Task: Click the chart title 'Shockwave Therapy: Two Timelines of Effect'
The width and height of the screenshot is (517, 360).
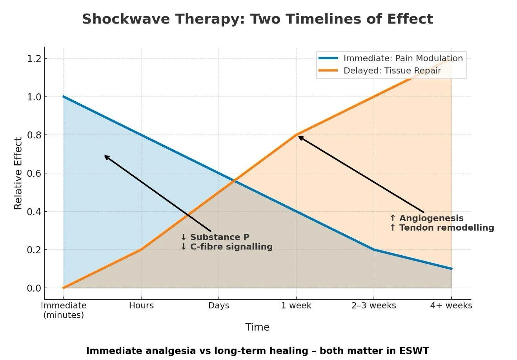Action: (x=257, y=19)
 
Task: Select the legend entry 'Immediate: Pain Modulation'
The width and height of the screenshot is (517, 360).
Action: (x=403, y=58)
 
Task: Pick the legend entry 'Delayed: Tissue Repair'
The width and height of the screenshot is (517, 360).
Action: (x=392, y=71)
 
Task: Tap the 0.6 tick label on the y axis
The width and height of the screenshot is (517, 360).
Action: (x=34, y=173)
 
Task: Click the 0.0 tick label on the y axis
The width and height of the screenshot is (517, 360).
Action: (x=34, y=288)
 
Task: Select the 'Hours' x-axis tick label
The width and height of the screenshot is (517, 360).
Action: (x=141, y=305)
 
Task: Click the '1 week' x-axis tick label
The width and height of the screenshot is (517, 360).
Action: (x=296, y=305)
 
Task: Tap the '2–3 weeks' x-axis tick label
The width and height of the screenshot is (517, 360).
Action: (x=373, y=305)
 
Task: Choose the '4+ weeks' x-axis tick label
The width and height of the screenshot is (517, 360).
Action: (x=451, y=305)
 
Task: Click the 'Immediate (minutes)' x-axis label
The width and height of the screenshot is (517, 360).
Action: (x=64, y=310)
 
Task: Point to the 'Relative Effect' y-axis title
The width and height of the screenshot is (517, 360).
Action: (x=18, y=173)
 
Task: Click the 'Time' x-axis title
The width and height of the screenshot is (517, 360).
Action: (x=257, y=327)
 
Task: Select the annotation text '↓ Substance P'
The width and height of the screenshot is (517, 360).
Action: (x=215, y=237)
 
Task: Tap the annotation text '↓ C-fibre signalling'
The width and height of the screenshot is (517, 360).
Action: (x=226, y=247)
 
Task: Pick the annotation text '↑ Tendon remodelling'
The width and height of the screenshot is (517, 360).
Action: (x=442, y=228)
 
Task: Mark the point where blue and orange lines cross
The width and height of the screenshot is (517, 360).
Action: (x=234, y=181)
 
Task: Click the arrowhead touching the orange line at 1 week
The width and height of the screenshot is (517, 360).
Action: (x=299, y=137)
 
